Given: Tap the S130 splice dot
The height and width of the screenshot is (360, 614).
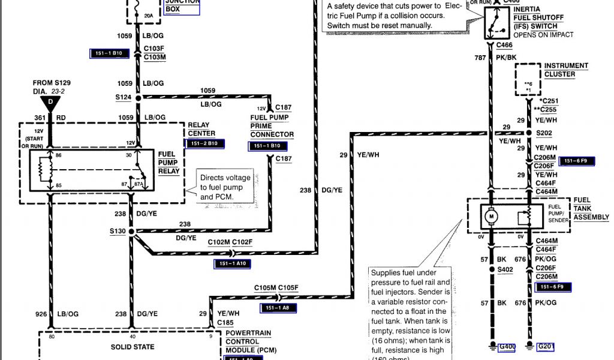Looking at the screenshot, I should point(130,231).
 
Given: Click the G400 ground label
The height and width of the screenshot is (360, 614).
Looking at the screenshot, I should point(508,346).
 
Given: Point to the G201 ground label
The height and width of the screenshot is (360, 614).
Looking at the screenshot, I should point(546,346).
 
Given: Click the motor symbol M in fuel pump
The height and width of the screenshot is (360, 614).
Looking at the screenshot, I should point(490,215).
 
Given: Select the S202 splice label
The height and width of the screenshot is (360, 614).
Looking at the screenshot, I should point(544,133).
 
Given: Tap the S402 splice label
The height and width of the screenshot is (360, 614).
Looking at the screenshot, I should point(506,270).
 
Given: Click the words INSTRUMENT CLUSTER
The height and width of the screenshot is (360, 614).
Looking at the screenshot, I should point(566,70).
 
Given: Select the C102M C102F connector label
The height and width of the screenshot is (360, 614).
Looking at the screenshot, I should point(230,242).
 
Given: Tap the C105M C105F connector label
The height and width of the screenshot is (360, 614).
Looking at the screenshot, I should point(276,287).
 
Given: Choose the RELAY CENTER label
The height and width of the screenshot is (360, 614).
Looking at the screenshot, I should point(201,129).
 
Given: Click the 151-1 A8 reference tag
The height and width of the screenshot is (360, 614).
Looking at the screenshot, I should point(278,308).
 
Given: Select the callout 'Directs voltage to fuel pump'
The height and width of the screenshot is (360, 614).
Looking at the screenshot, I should point(225,187).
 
